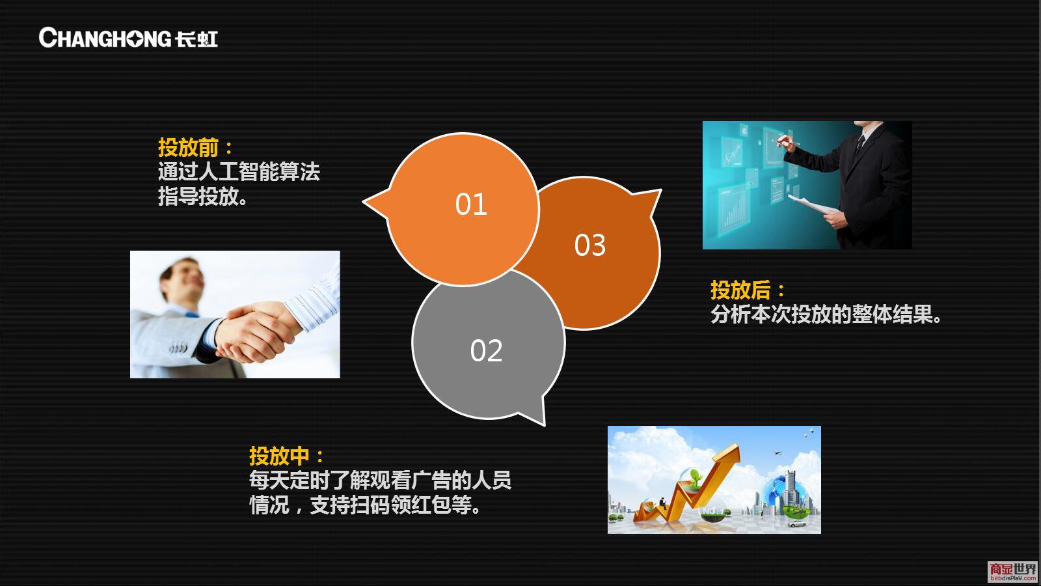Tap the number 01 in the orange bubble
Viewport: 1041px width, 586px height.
[x=471, y=204]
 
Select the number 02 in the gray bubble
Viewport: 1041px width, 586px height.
[x=486, y=351]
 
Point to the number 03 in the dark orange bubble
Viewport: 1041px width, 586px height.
[x=589, y=245]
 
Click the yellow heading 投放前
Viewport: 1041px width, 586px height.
[x=188, y=147]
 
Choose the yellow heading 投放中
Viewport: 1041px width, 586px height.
[x=279, y=456]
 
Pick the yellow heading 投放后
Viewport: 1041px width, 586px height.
[x=740, y=290]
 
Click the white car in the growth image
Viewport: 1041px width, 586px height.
[x=796, y=523]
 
